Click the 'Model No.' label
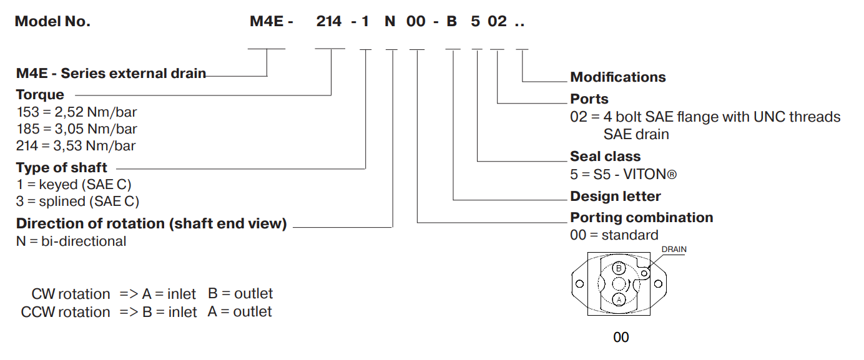[52, 21]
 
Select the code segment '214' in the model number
[329, 21]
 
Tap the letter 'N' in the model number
[390, 21]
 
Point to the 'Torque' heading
[40, 95]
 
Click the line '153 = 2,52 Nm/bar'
[76, 112]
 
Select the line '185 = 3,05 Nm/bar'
[76, 129]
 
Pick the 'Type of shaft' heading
[62, 167]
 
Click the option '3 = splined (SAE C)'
[77, 201]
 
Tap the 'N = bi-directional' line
[71, 241]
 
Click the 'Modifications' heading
[617, 77]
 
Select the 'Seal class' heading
[605, 156]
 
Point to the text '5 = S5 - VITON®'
[623, 173]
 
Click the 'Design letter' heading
[615, 196]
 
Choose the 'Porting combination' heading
[641, 217]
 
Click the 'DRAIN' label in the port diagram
[674, 250]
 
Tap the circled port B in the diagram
[619, 268]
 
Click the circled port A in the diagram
[619, 299]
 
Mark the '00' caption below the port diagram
[621, 338]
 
